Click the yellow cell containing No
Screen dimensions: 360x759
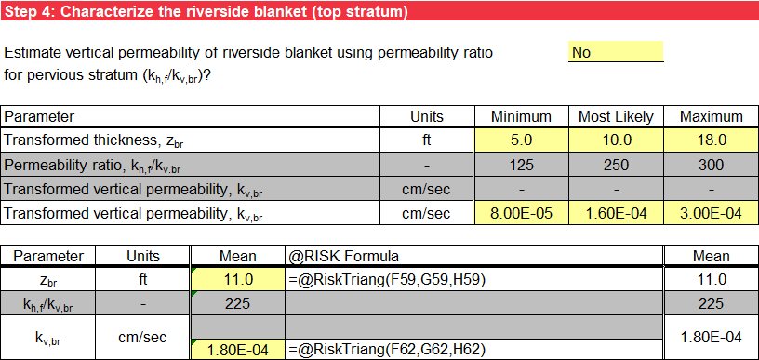coord(615,52)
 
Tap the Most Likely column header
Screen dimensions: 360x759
coord(615,116)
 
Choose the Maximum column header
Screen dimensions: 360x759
coord(711,116)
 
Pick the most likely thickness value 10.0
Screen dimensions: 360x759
coord(615,140)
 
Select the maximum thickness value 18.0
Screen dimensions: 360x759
coord(711,140)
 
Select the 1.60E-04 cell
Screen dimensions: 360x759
coord(615,214)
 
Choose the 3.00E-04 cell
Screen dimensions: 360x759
coord(711,214)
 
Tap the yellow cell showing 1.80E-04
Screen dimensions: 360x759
coord(237,350)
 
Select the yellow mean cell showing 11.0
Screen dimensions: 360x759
coord(237,278)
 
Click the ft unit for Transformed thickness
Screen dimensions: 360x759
coord(427,140)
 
